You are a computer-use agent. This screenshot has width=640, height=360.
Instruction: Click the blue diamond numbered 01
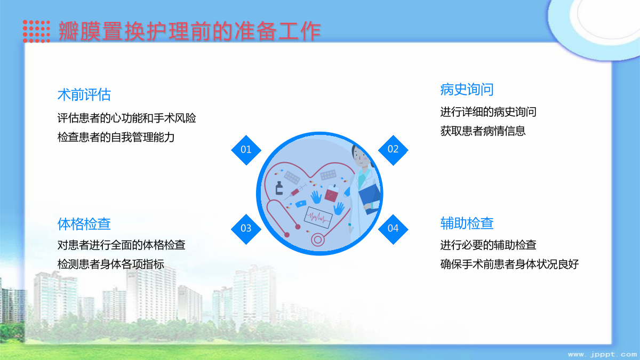[x=246, y=150]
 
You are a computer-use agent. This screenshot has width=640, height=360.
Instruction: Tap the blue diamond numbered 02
[x=393, y=150]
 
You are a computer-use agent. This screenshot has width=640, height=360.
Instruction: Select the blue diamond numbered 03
[x=246, y=229]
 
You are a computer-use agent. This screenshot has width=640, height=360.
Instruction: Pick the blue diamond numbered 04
[x=393, y=229]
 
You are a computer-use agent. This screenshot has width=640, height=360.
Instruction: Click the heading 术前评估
[x=84, y=94]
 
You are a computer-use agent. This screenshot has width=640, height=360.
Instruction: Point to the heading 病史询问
[x=467, y=90]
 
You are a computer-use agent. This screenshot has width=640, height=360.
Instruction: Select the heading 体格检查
[x=84, y=223]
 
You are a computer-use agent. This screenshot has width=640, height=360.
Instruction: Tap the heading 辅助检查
[x=467, y=223]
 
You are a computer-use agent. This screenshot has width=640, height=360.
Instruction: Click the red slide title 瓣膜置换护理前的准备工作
[x=189, y=31]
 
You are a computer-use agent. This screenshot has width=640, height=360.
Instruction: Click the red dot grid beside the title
[x=36, y=31]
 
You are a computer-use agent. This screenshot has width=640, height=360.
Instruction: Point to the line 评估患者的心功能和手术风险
[x=126, y=118]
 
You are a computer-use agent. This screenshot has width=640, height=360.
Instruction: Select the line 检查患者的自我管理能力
[x=116, y=137]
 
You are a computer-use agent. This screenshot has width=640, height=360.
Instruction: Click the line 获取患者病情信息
[x=483, y=131]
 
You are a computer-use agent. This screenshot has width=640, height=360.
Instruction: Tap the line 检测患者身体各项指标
[x=110, y=264]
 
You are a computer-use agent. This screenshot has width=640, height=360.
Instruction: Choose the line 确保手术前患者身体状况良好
[x=509, y=264]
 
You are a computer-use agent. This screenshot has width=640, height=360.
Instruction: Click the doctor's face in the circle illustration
[x=361, y=157]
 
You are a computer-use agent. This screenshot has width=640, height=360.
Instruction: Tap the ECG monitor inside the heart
[x=318, y=218]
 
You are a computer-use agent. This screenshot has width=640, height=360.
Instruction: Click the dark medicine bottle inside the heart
[x=279, y=188]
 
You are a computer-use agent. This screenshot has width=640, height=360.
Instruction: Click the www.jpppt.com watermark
[x=602, y=355]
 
